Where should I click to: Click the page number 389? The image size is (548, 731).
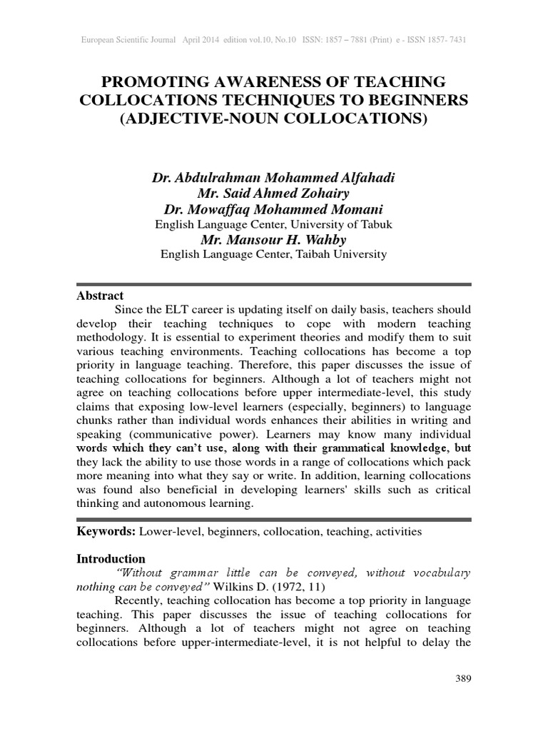463,677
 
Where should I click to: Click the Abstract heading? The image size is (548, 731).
100,296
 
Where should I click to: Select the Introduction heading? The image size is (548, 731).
111,558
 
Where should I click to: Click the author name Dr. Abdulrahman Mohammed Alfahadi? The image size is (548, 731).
274,176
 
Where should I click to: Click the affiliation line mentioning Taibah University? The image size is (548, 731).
274,253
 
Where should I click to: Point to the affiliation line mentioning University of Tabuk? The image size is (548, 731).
274,224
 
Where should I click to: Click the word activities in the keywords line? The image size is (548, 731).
398,532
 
